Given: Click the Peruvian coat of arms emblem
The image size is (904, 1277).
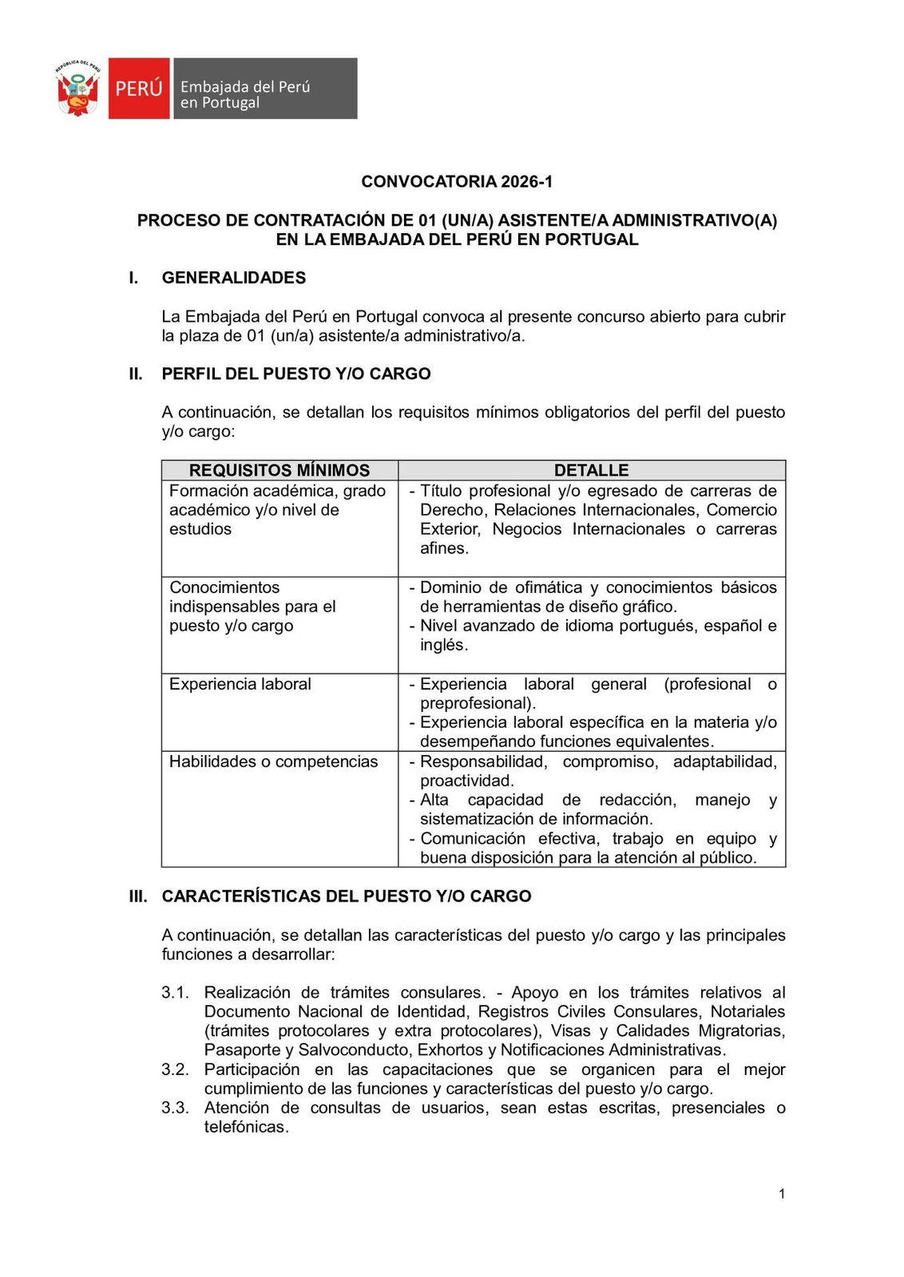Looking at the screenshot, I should (77, 88).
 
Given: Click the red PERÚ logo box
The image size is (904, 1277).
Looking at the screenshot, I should (139, 89).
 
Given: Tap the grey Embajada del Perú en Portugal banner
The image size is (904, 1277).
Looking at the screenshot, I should (265, 89).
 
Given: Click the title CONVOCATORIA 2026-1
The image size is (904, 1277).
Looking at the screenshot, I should (457, 181).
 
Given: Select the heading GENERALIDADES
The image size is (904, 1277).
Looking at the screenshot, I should (233, 278).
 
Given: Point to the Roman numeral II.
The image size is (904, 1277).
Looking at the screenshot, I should (136, 374).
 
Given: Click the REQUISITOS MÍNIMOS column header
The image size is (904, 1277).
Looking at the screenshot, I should (280, 470).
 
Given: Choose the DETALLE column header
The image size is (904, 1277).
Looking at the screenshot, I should (591, 470).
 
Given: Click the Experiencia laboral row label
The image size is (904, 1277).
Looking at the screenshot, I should (240, 684).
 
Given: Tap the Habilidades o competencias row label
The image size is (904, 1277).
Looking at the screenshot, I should (273, 761).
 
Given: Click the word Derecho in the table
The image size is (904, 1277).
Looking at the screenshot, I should (451, 510).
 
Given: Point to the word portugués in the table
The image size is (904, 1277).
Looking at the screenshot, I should (657, 626).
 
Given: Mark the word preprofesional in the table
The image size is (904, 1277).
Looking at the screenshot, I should (476, 703).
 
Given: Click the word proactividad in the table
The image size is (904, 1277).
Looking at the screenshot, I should (466, 781).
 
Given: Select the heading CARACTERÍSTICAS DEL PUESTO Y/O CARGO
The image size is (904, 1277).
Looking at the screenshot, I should (347, 896).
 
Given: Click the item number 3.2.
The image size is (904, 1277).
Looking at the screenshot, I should (175, 1069).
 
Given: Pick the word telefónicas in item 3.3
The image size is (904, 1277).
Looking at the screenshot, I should (245, 1127).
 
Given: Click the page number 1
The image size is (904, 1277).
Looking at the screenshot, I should (782, 1194).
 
